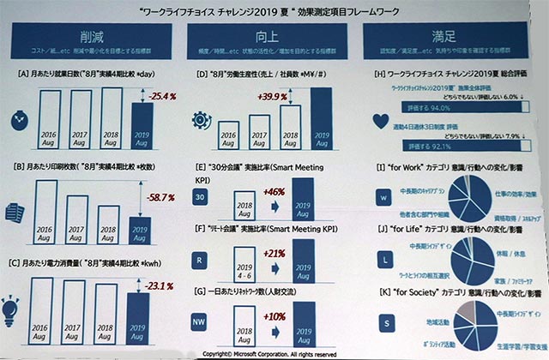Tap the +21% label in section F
[x=269, y=254]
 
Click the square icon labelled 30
[x=200, y=197]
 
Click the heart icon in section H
[x=382, y=120]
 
